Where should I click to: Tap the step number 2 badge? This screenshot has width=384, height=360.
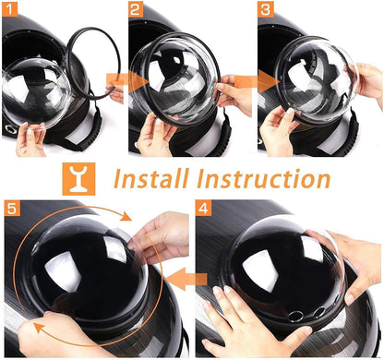[136, 11]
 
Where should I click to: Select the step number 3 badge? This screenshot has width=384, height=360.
[266, 11]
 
